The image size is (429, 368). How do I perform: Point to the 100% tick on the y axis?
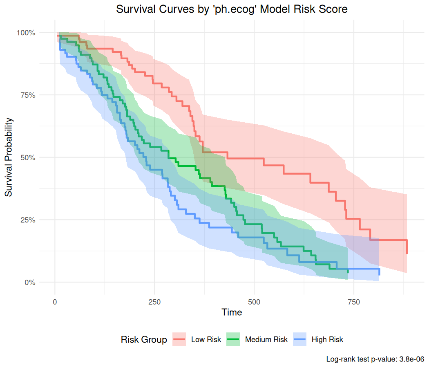click(x=26, y=33)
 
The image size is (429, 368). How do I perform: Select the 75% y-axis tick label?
click(x=27, y=95)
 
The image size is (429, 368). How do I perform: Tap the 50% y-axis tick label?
click(x=27, y=157)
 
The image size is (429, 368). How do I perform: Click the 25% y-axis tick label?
click(x=27, y=220)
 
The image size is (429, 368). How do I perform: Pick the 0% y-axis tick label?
click(x=29, y=282)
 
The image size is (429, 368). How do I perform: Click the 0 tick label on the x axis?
click(x=55, y=302)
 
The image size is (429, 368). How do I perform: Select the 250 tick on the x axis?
click(x=154, y=302)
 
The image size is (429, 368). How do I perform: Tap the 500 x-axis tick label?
click(x=254, y=302)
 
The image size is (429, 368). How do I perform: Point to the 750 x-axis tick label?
click(x=354, y=302)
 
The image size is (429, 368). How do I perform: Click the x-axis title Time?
click(x=232, y=312)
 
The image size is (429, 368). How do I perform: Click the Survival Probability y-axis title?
click(x=9, y=157)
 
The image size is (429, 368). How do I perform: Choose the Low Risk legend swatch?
click(x=179, y=339)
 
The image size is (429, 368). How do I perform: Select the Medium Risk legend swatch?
click(x=233, y=339)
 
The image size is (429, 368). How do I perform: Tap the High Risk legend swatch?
click(x=300, y=339)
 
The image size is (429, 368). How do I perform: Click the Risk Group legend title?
click(x=144, y=339)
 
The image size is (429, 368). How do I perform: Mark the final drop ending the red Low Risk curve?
click(x=407, y=247)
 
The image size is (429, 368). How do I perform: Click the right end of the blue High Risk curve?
click(x=379, y=272)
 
